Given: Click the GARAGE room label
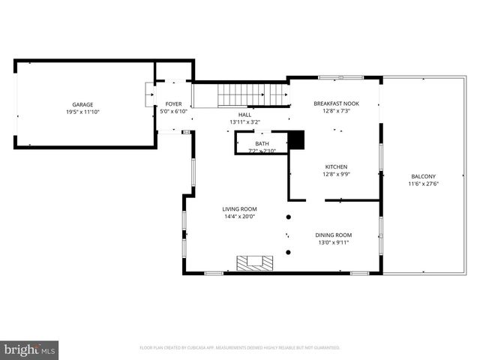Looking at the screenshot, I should pyautogui.click(x=82, y=104).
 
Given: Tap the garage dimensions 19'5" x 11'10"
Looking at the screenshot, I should pyautogui.click(x=82, y=112).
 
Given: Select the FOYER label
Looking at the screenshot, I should pyautogui.click(x=173, y=104).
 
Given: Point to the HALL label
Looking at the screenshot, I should pyautogui.click(x=245, y=115).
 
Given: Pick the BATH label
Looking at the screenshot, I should pyautogui.click(x=262, y=143).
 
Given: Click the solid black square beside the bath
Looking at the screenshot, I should pyautogui.click(x=298, y=140).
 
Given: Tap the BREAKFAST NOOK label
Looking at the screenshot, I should pyautogui.click(x=336, y=104).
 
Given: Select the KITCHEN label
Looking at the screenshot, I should pyautogui.click(x=336, y=166).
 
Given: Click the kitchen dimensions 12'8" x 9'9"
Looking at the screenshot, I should pyautogui.click(x=336, y=174).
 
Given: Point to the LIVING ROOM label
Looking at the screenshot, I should pyautogui.click(x=239, y=208).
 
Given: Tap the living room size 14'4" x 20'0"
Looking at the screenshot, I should pyautogui.click(x=239, y=217).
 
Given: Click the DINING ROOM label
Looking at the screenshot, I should pyautogui.click(x=333, y=235).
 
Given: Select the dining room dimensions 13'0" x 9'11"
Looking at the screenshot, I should pyautogui.click(x=333, y=242).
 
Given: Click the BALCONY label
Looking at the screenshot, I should pyautogui.click(x=423, y=176).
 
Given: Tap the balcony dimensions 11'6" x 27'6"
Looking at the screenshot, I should pyautogui.click(x=423, y=184).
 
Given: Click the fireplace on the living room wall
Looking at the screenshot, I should pyautogui.click(x=255, y=262).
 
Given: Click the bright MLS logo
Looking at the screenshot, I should pyautogui.click(x=30, y=349).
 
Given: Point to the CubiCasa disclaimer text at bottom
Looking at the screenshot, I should pyautogui.click(x=240, y=348).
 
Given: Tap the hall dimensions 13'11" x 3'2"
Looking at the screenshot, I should pyautogui.click(x=245, y=121).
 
